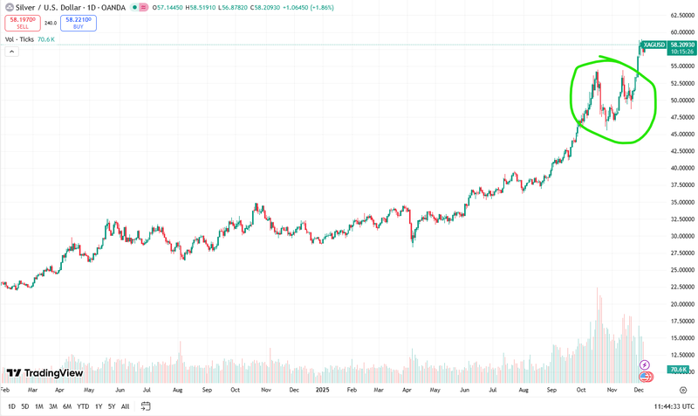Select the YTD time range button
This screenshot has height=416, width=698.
pos(83,406)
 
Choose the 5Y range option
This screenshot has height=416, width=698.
pos(111,406)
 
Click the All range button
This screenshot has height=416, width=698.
pos(126,406)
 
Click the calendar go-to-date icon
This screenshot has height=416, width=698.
pos(147,406)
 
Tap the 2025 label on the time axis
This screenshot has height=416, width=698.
pos(321,390)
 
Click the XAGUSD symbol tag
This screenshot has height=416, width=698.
pos(654,45)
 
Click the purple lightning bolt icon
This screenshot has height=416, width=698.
pos(644,364)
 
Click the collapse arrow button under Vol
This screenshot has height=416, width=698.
pos(12,52)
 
